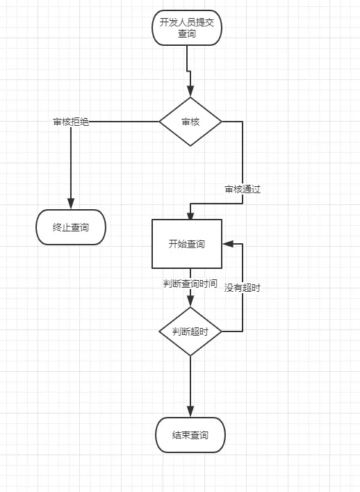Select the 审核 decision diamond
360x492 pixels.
coord(190,122)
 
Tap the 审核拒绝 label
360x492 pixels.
coord(71,122)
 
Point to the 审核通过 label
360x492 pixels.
coord(242,189)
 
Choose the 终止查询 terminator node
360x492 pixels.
coord(71,227)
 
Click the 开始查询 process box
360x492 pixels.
coord(187,244)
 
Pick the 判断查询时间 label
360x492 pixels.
coord(190,284)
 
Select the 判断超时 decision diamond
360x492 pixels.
coord(190,331)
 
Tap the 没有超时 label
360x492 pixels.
coord(242,288)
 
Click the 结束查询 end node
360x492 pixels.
coord(190,435)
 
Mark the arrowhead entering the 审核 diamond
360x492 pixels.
coord(190,92)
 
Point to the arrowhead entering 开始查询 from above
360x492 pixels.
coord(190,214)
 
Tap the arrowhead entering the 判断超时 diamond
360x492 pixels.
coord(190,302)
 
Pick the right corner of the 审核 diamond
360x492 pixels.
coord(222,122)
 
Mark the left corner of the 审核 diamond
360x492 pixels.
coord(159,122)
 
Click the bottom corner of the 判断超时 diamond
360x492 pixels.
coord(190,356)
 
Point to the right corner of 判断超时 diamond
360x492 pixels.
coord(222,331)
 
